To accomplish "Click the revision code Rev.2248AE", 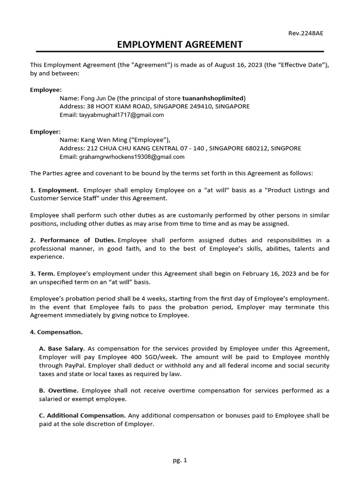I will tap(306, 33).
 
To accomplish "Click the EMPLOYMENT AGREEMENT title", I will tap(180, 45).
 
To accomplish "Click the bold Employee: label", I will tap(46, 90).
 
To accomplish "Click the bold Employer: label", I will tap(45, 132).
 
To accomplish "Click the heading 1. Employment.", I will tap(54, 190).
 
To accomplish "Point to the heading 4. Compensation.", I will tap(56, 332).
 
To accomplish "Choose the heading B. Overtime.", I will tap(59, 390).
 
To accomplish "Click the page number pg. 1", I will tap(180, 460).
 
